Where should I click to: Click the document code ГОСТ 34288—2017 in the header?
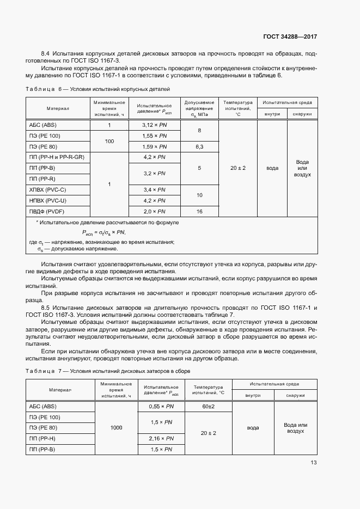pos(290,37)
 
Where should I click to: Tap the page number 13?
pos(313,463)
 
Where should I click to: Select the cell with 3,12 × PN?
pos(154,125)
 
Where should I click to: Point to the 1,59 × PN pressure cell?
pos(154,146)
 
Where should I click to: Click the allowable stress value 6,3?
pos(199,146)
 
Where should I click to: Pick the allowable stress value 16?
pos(199,211)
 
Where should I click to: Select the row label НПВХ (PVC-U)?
pos(47,200)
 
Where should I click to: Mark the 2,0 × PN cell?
pos(154,211)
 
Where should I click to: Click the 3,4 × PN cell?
pos(154,189)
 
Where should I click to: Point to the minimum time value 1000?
pos(116,428)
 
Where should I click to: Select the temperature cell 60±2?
pos(209,406)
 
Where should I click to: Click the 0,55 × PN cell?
pos(162,406)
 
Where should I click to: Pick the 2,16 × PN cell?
pos(162,438)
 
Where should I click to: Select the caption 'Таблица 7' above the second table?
pos(44,370)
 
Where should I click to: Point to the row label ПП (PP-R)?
pos(42,179)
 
